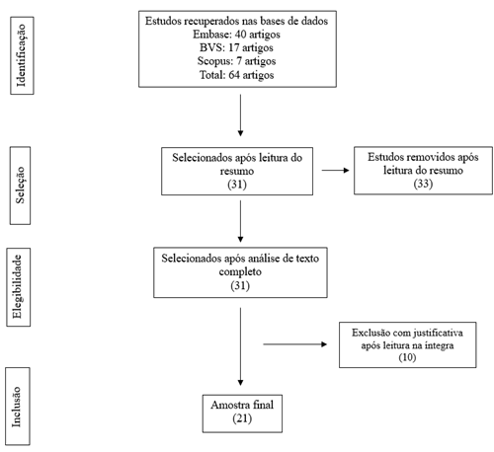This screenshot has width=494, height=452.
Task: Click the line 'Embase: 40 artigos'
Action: click(240, 34)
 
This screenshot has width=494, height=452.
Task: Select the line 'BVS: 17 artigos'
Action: click(240, 47)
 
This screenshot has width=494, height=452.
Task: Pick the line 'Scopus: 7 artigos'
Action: click(240, 61)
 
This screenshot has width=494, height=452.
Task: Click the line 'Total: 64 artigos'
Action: click(240, 75)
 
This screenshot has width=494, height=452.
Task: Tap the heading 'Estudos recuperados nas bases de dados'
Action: click(240, 21)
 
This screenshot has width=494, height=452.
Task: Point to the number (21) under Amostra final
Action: click(238, 418)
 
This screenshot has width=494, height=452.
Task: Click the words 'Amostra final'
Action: click(238, 406)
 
